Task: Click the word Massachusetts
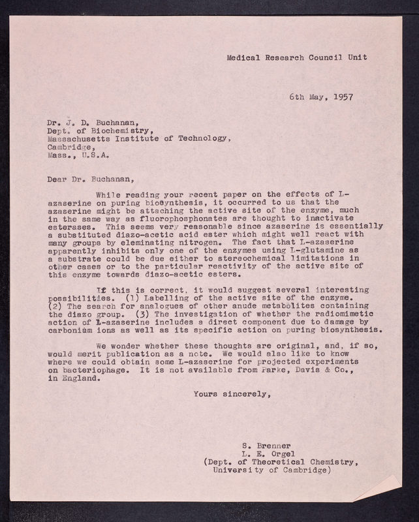(80, 138)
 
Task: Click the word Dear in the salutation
(58, 176)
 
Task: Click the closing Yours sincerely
(230, 393)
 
